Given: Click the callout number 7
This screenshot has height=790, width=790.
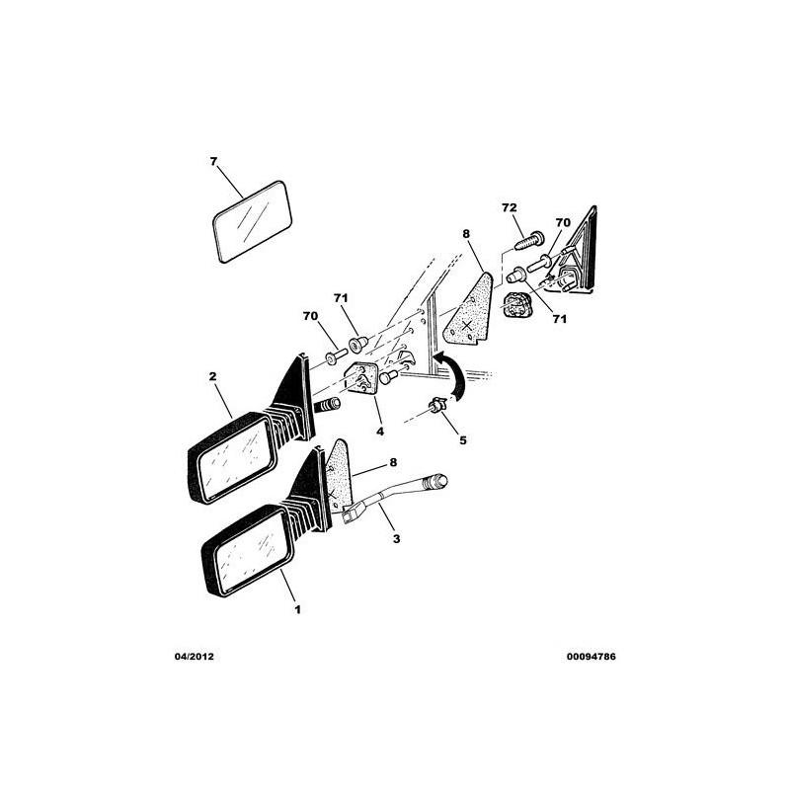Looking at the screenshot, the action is [x=213, y=162].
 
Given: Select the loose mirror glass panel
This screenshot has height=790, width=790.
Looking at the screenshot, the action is [x=253, y=221].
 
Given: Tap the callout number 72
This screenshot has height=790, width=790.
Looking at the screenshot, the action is [x=510, y=207].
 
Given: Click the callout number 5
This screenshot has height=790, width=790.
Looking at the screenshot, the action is [x=462, y=440].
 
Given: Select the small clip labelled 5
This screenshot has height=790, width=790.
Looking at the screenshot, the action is [x=437, y=405].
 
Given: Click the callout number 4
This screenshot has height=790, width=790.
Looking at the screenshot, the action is [x=380, y=432].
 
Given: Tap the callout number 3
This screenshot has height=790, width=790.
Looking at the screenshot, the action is [x=397, y=539].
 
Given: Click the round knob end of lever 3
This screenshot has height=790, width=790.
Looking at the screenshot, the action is [x=437, y=481].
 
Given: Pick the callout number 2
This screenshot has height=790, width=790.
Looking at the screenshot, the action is [x=212, y=376].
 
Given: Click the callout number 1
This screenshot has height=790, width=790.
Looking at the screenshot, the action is [x=298, y=609].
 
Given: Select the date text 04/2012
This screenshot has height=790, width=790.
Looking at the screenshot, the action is [x=194, y=657].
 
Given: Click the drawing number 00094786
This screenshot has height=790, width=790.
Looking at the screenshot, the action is [x=591, y=657].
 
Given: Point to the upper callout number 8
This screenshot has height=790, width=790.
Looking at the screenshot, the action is [x=465, y=234].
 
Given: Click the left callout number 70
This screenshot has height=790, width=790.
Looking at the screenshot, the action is [x=310, y=316].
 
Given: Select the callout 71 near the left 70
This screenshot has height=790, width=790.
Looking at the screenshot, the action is [x=341, y=298].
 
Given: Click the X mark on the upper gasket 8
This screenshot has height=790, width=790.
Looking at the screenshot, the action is [x=467, y=325].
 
